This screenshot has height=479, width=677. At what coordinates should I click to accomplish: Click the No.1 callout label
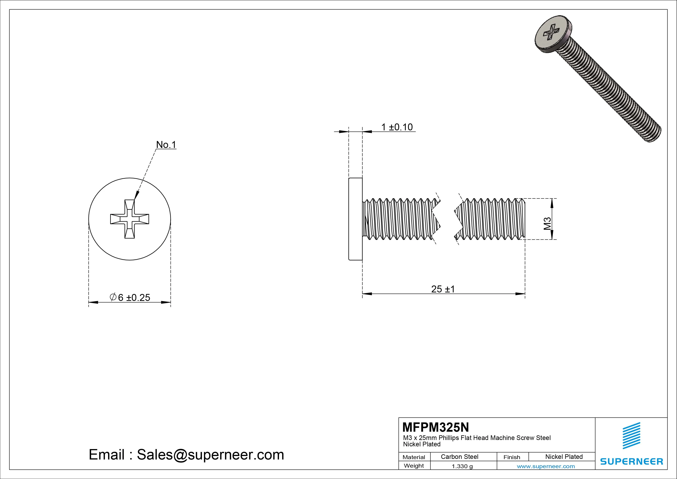click(166, 145)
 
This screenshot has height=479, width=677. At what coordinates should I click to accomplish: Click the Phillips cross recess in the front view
click(129, 219)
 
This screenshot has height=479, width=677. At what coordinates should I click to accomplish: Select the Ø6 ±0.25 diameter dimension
click(130, 297)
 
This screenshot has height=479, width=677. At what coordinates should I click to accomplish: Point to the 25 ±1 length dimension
click(443, 289)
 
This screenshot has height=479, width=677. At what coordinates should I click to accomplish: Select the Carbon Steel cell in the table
click(459, 457)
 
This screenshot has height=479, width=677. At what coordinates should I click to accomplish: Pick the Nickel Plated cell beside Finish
click(564, 457)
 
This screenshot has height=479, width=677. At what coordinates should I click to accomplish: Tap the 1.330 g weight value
click(462, 466)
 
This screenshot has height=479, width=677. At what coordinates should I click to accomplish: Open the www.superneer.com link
click(546, 466)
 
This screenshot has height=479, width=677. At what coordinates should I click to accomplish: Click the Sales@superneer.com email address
click(210, 454)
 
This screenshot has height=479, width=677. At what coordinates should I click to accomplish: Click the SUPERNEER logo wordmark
click(631, 461)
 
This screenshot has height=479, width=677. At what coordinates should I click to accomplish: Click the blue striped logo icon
click(631, 436)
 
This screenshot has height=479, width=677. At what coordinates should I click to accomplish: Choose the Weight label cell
click(414, 466)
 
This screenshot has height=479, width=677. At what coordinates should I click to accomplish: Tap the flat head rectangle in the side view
click(355, 219)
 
